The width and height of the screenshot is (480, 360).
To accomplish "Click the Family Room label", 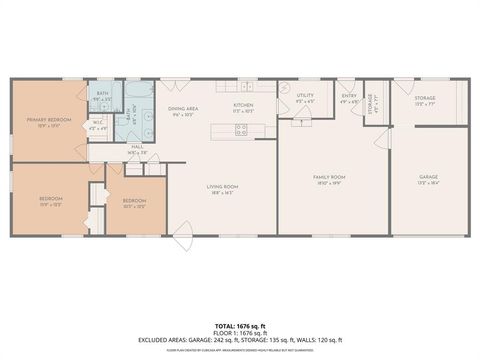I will (x=327, y=178).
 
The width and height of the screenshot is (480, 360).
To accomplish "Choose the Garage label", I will (x=428, y=178).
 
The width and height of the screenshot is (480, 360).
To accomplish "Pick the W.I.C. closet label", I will (x=97, y=125).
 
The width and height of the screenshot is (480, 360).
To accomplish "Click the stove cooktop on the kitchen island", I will (x=241, y=128).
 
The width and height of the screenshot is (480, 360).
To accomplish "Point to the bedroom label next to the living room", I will (x=133, y=201).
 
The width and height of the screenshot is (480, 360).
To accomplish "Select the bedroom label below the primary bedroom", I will (x=51, y=199).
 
